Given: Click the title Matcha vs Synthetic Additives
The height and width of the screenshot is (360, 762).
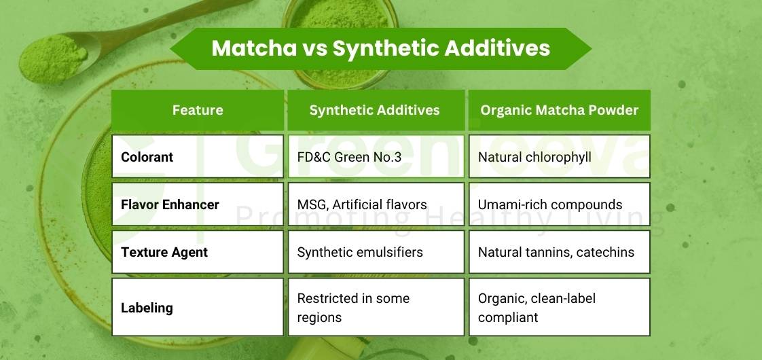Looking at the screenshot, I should point(380,49).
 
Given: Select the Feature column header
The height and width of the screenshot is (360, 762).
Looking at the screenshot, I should point(198,110).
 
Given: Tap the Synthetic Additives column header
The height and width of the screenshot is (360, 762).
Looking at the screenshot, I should point(374,110).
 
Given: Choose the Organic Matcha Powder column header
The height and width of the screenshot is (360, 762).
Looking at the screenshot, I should point(559,110).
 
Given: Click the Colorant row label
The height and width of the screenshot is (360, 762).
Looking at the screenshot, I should point(147,157).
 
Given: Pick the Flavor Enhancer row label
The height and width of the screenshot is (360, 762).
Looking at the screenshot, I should point(170,204).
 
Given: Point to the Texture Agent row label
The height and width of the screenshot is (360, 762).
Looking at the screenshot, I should point(164,252).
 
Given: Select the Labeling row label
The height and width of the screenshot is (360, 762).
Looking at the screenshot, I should point(147,308).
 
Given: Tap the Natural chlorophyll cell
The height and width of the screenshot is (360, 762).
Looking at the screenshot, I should point(534,157).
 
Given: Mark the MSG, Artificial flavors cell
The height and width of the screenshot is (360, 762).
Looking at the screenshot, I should point(362,204).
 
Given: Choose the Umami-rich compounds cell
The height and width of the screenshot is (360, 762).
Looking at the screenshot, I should point(550,204).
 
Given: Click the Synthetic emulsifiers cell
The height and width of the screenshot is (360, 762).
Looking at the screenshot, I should point(360,252).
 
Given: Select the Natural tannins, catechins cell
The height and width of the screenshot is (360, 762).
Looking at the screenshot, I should point(556,252).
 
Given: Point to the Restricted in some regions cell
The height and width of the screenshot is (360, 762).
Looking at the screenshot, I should point(353,308).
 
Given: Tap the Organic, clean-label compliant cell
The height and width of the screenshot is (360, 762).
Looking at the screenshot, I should point(537,308).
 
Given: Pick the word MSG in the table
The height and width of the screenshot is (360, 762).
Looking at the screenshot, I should point(311,204).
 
